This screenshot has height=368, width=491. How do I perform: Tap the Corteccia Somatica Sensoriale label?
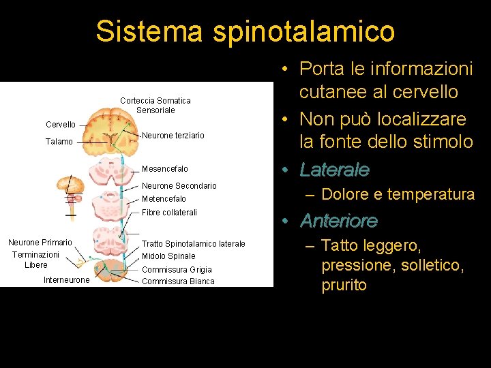[155, 105]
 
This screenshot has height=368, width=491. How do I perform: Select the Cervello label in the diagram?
[61, 125]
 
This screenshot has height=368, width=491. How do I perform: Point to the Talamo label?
[59, 142]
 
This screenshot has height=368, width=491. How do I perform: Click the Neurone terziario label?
[173, 136]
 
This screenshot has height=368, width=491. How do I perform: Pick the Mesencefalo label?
[165, 169]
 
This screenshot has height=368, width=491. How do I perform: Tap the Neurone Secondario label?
[179, 186]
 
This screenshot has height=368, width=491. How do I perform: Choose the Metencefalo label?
[164, 199]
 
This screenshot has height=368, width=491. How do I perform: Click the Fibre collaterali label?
[169, 213]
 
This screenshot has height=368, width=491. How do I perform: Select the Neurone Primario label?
[40, 243]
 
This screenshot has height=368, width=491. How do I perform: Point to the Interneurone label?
[66, 280]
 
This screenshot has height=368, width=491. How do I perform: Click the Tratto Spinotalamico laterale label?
[194, 244]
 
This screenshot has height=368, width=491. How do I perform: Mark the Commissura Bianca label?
[178, 281]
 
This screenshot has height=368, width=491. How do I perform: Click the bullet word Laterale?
[335, 170]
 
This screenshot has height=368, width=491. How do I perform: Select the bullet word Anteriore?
[339, 221]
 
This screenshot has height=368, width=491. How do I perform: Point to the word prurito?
[344, 285]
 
